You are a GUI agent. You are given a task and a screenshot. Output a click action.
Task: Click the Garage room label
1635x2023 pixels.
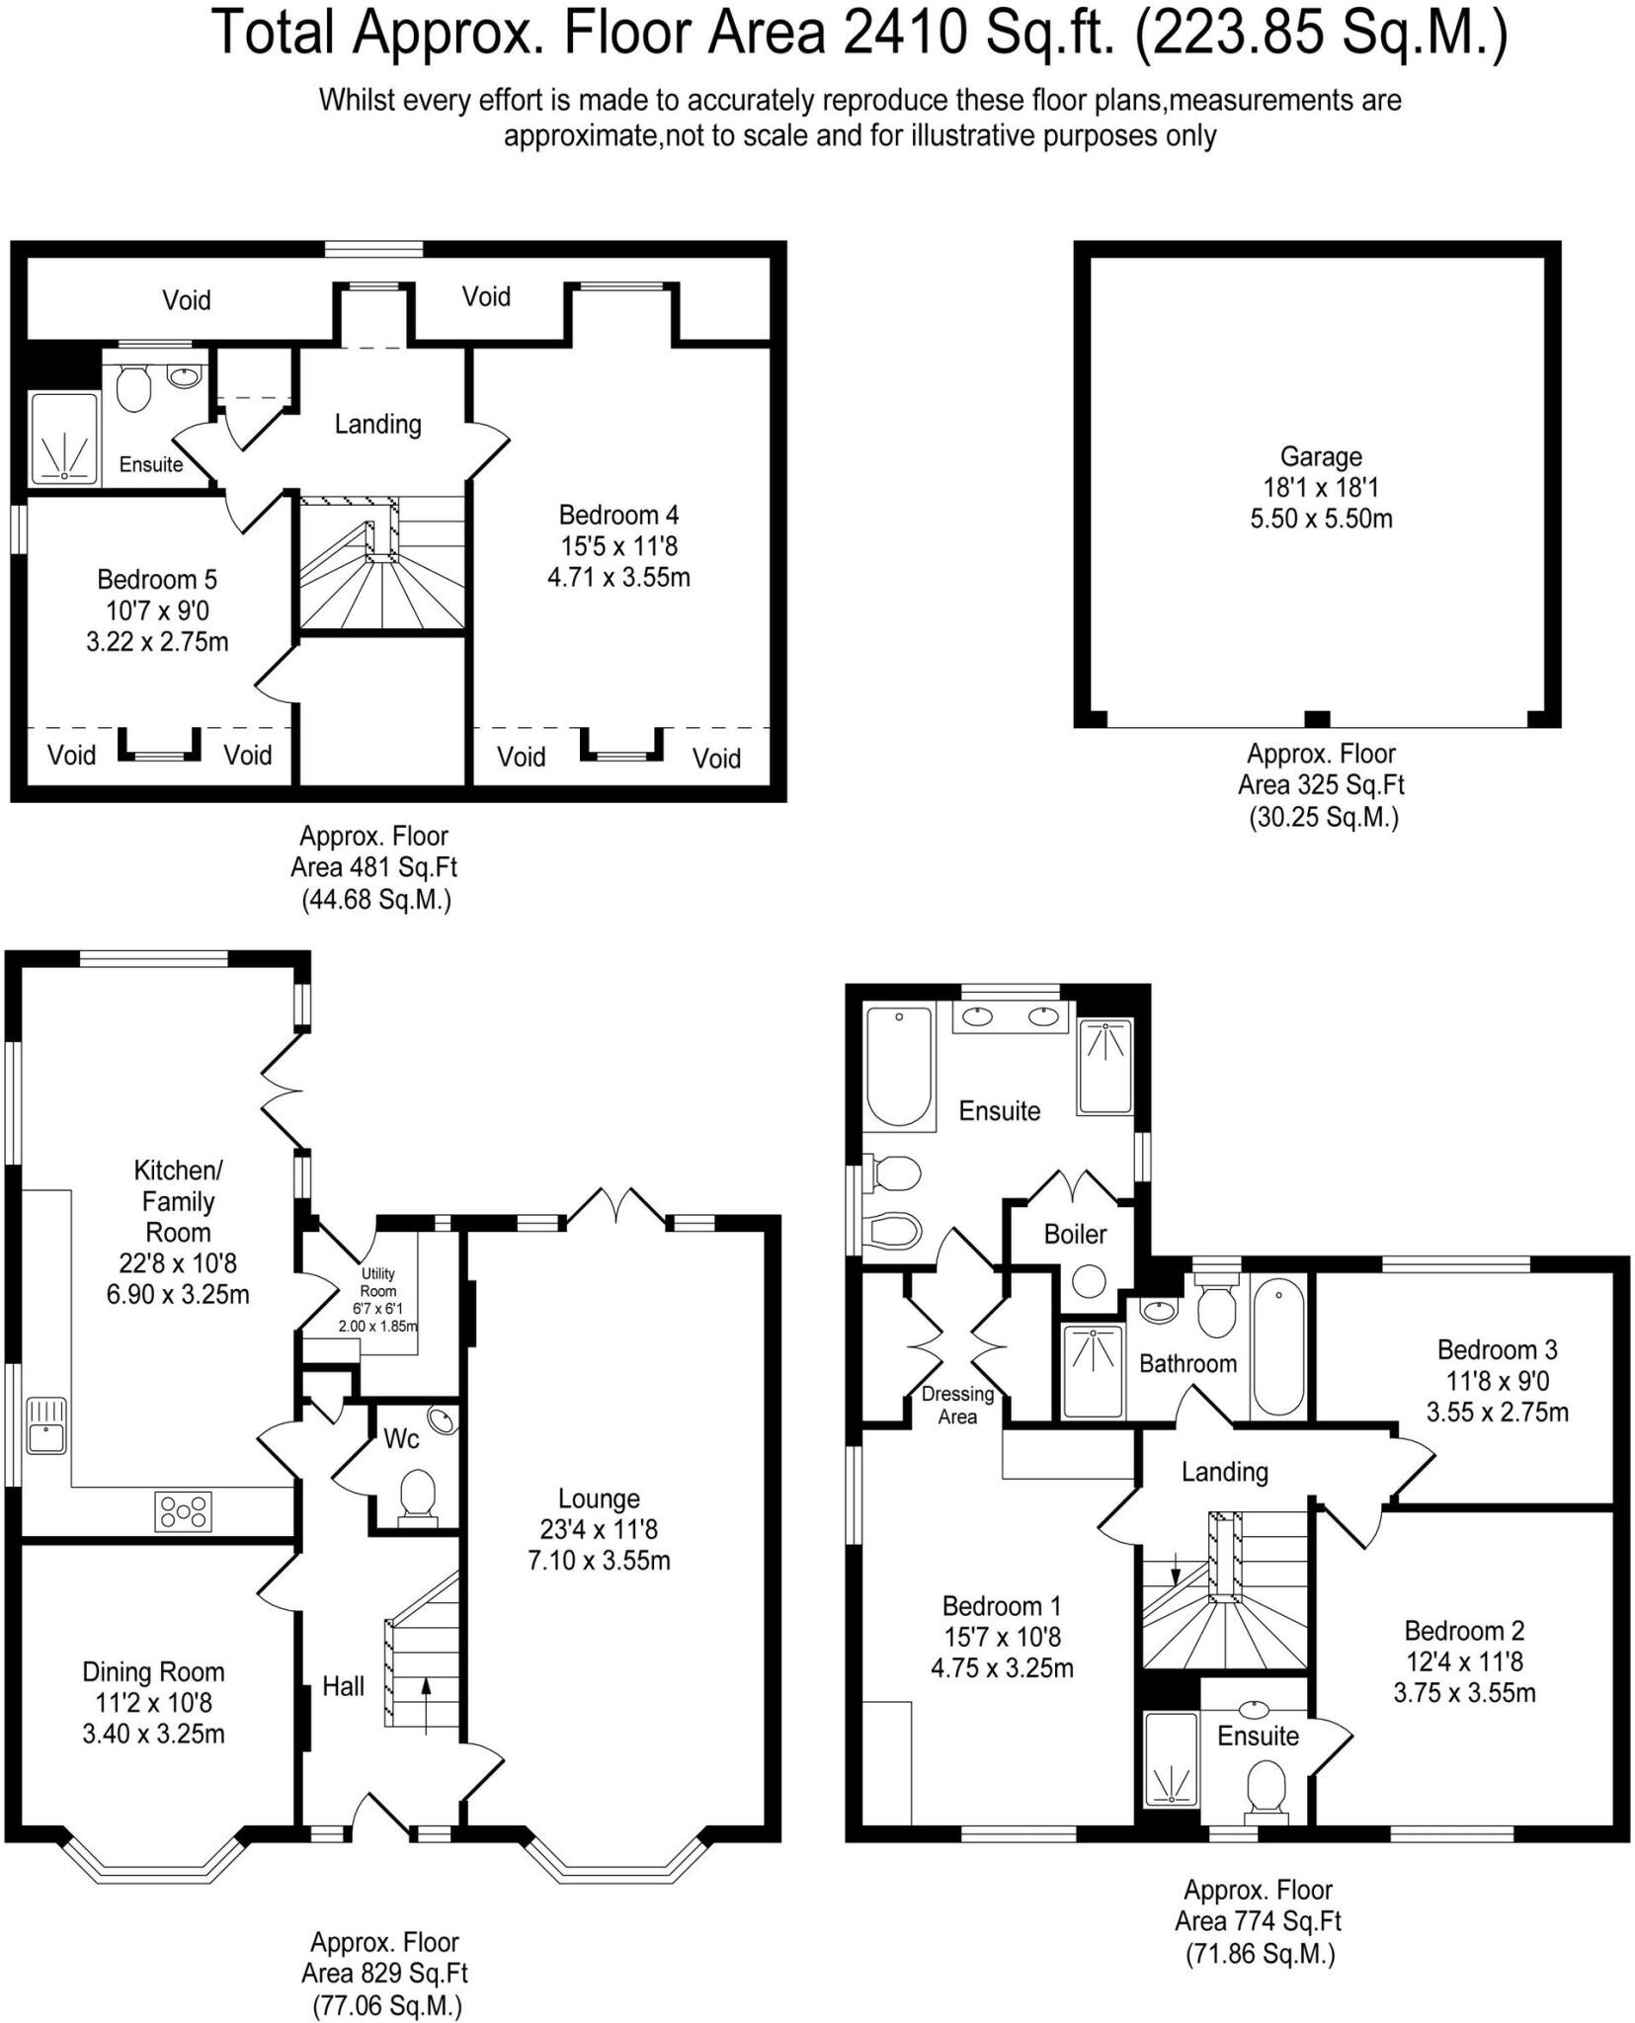click(1320, 456)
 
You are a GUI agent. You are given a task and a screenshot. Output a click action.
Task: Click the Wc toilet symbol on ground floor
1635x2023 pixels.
click(417, 1495)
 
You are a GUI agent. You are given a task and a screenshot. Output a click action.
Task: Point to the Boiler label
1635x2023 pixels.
click(1075, 1234)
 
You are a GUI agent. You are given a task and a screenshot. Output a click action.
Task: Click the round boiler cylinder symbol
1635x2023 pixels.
click(1090, 1282)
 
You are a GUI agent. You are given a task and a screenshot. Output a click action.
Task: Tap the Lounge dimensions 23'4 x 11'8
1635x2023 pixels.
click(599, 1530)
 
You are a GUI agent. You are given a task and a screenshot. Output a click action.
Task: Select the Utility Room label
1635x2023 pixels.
click(377, 1282)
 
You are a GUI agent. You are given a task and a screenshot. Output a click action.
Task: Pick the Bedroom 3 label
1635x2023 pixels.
click(1497, 1349)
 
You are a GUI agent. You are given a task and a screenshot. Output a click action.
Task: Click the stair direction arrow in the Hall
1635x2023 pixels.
click(427, 1703)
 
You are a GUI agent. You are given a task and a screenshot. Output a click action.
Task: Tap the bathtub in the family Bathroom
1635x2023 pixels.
click(1278, 1345)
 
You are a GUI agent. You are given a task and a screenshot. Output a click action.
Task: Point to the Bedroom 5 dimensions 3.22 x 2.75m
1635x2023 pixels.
click(157, 642)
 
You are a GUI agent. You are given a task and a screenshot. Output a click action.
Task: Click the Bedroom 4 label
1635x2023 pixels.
click(618, 515)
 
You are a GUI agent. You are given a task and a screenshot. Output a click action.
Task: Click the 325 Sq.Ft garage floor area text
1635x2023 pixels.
click(1320, 785)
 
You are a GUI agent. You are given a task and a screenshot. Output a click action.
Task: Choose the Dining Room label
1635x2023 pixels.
click(153, 1671)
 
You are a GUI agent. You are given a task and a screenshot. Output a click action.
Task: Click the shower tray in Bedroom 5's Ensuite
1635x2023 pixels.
click(64, 441)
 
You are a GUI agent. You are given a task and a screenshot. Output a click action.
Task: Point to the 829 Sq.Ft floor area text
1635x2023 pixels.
click(383, 1974)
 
